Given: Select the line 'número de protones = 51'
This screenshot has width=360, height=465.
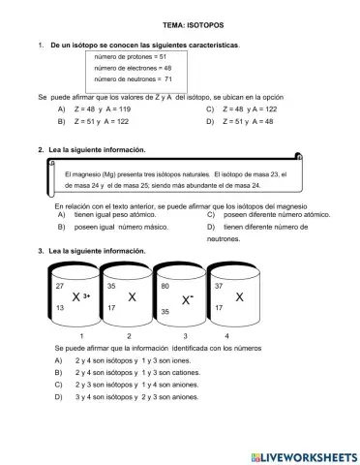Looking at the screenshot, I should pyautogui.click(x=131, y=57).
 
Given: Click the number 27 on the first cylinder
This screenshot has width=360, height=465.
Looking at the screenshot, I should pyautogui.click(x=59, y=287).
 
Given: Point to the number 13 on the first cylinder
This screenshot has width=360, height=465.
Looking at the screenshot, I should pyautogui.click(x=59, y=308).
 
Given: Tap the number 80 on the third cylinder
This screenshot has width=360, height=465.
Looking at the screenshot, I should pyautogui.click(x=165, y=287).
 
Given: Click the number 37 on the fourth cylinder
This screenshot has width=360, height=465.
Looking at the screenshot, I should pyautogui.click(x=219, y=287).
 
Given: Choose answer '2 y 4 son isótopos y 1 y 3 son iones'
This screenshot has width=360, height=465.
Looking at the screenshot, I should pyautogui.click(x=138, y=359).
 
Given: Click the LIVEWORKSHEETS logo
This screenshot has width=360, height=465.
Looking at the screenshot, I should pyautogui.click(x=303, y=455).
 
